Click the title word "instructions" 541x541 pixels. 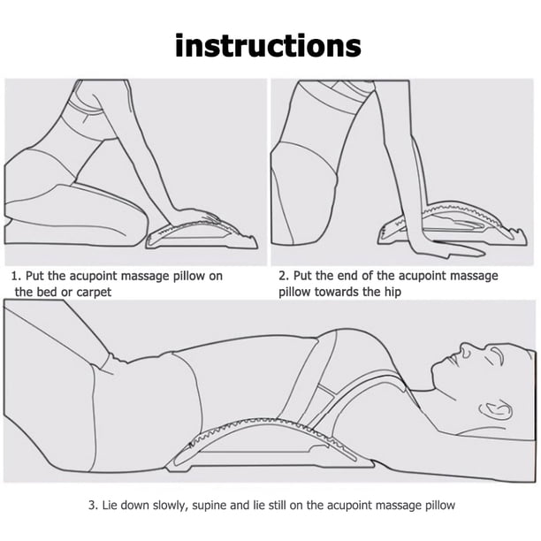pos(268,46)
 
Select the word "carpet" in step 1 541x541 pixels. pos(94,293)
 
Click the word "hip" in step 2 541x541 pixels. pos(393,293)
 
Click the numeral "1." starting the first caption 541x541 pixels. pos(17,276)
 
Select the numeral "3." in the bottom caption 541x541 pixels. pos(94,506)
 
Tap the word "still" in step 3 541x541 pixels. pos(277,506)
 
